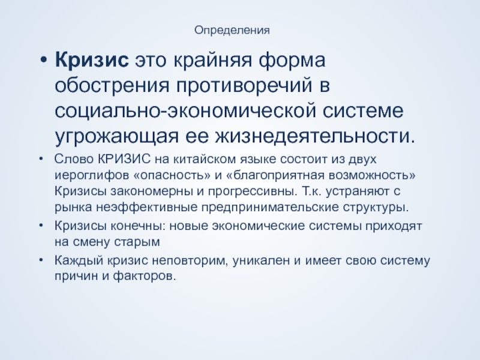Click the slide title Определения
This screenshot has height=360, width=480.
point(232,31)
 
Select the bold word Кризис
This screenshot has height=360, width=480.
point(92,60)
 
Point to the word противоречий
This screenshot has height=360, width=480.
point(244,86)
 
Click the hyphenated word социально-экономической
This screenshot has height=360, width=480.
point(185,111)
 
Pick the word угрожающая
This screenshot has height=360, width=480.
point(116,137)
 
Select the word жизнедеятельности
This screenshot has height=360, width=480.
point(314,136)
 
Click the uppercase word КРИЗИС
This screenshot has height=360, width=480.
point(124,159)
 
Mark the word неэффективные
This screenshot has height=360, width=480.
point(147,207)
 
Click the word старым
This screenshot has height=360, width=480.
point(137,242)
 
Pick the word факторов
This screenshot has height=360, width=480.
point(145,277)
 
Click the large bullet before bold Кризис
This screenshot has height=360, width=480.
point(43,60)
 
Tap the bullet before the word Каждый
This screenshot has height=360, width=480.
point(41,260)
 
